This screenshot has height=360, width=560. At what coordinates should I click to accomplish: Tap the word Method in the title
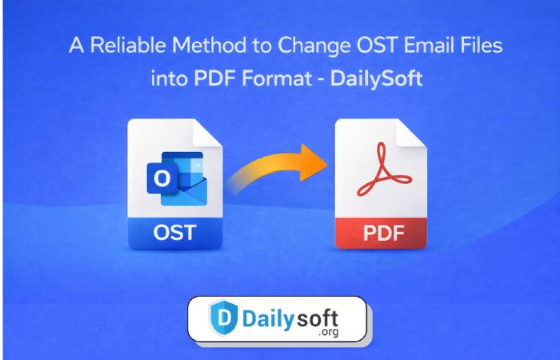(x=209, y=45)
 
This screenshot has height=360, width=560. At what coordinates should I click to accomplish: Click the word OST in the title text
(x=377, y=45)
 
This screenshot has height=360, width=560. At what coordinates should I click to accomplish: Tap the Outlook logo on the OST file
(x=177, y=178)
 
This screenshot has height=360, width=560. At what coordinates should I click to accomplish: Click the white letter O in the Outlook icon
(x=162, y=178)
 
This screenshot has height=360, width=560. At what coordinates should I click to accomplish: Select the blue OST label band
(x=175, y=233)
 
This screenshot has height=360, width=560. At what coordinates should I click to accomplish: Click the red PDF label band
(x=381, y=233)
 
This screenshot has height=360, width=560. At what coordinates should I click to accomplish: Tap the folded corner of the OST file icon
(x=207, y=133)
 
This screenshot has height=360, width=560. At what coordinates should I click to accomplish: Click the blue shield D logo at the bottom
(x=224, y=317)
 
